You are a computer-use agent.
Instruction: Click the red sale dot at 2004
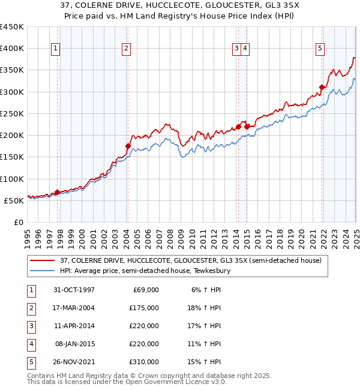128,146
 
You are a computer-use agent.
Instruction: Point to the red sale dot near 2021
322,88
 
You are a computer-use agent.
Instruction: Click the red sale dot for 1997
58,192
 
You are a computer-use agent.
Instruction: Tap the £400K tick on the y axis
12,49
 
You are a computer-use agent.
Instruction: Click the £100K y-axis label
12,179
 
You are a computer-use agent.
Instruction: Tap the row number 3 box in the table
29,326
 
